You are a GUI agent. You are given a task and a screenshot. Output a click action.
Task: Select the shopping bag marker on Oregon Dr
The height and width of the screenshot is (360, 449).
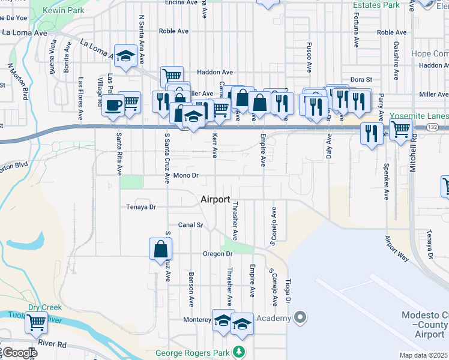pyautogui.click(x=161, y=249)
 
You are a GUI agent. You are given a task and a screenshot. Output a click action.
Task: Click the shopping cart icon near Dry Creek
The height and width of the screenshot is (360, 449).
pyautogui.click(x=36, y=322)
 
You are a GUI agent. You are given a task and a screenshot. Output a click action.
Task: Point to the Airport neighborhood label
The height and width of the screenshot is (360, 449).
pyautogui.click(x=215, y=199)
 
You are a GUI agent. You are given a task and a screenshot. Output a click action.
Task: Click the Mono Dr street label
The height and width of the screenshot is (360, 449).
pyautogui.click(x=185, y=175)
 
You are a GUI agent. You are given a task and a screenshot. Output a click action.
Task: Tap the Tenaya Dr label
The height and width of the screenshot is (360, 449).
pyautogui.click(x=141, y=206)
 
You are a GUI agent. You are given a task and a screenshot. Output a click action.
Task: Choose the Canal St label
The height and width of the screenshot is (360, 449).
pyautogui.click(x=191, y=225)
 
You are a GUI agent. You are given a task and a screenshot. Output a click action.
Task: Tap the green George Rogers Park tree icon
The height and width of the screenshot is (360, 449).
pyautogui.click(x=240, y=352)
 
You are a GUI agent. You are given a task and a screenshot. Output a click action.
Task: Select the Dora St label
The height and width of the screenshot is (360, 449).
pyautogui.click(x=361, y=79)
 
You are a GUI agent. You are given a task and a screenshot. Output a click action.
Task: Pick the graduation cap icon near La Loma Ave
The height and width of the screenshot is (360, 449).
pyautogui.click(x=125, y=56)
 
